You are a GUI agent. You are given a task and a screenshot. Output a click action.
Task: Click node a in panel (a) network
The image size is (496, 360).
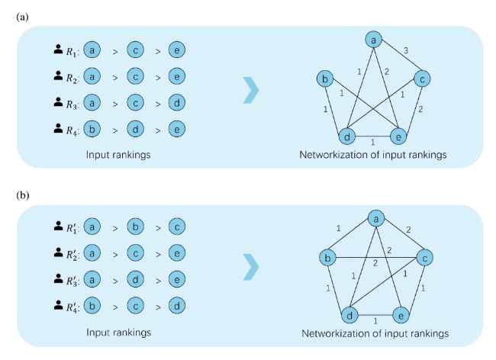[374, 39]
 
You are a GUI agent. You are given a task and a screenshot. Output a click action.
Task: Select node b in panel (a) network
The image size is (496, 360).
[326, 79]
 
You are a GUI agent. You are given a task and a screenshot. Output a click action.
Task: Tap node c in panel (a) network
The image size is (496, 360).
[423, 78]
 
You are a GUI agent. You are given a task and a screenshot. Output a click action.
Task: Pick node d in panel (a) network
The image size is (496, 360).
[347, 137]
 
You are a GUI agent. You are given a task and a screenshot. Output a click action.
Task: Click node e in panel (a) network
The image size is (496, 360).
[397, 137]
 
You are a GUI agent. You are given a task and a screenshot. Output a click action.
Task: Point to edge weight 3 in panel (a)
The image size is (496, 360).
[406, 50]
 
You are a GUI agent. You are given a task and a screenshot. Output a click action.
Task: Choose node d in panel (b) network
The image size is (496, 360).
[348, 313]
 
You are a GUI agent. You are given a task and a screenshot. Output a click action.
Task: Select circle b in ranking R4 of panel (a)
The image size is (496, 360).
[92, 128]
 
